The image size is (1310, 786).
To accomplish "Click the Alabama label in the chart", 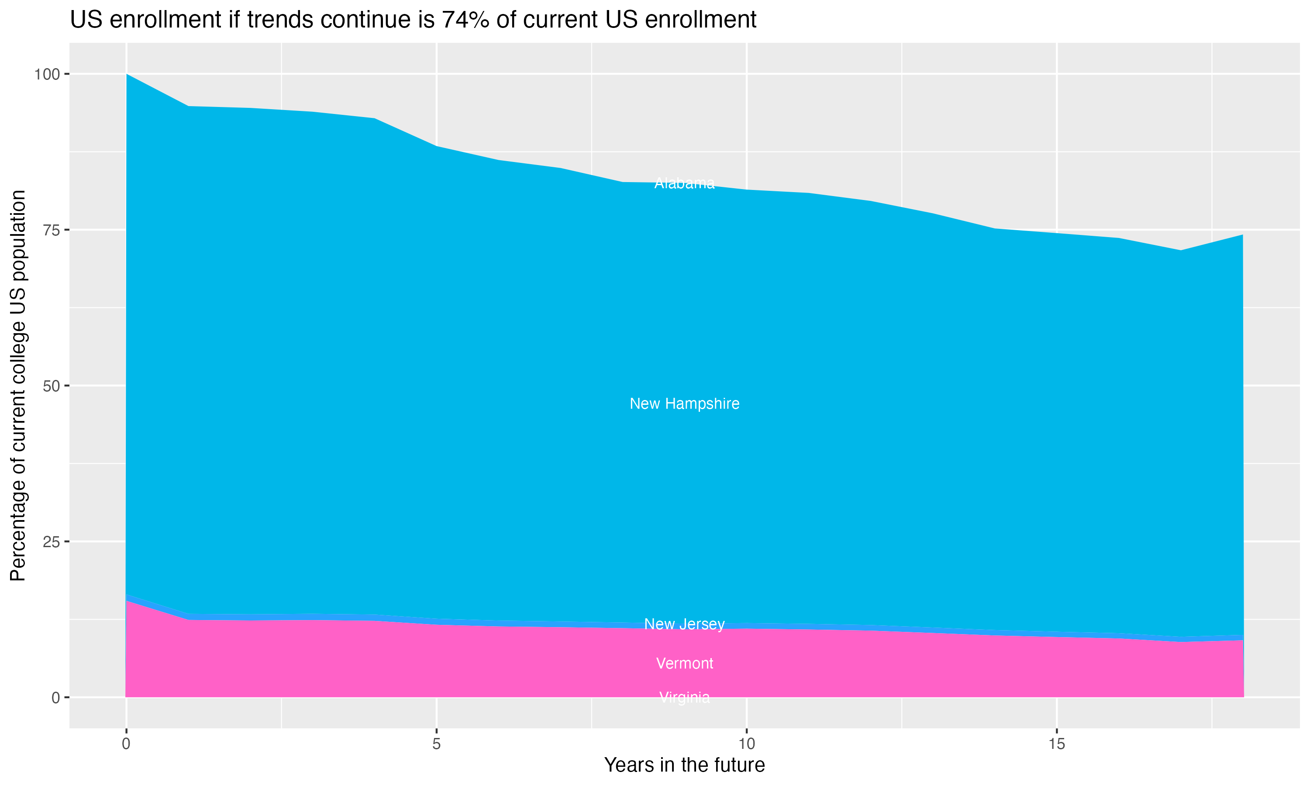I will click(684, 183).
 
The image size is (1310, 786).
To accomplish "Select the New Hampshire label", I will click(684, 403).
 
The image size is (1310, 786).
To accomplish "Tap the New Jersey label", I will click(684, 624).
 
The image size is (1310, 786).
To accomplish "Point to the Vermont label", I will click(684, 663).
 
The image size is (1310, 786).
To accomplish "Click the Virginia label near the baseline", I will click(684, 697).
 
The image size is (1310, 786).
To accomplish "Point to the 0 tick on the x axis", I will click(126, 744).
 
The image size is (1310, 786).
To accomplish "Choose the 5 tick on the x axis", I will click(436, 744).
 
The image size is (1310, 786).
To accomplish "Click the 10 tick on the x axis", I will click(746, 744).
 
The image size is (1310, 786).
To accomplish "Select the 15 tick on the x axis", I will click(1056, 744).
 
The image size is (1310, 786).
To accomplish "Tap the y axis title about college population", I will click(18, 385).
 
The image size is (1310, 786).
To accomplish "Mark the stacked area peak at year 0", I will click(127, 75).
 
